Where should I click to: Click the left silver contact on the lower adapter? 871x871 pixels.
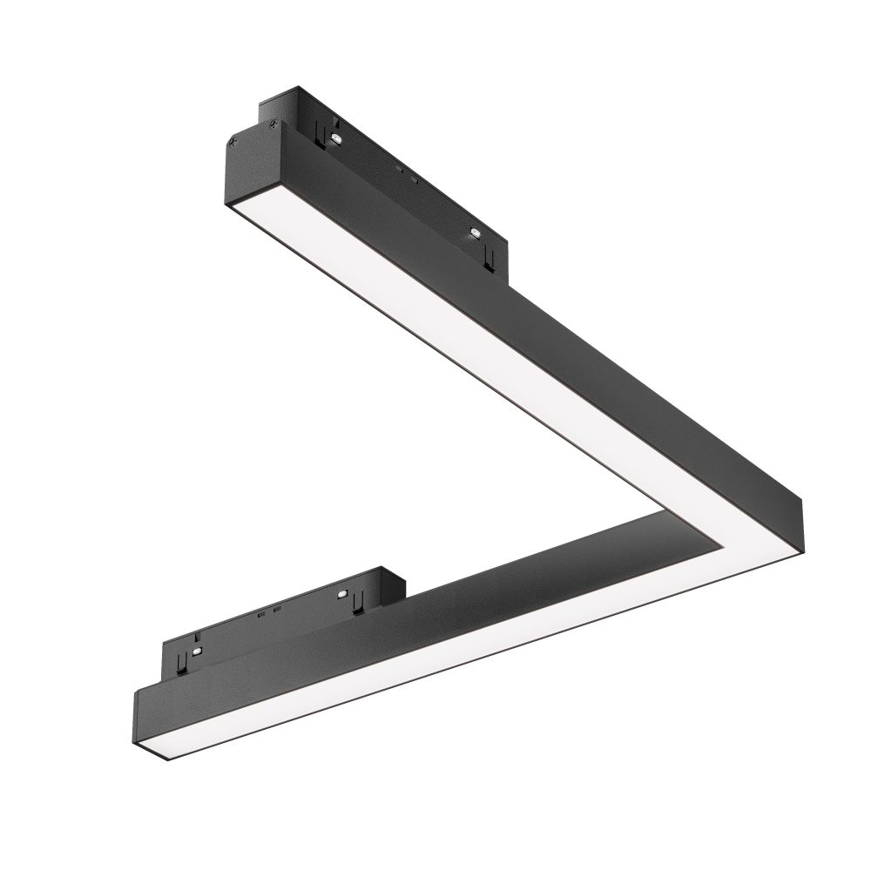(x=198, y=651)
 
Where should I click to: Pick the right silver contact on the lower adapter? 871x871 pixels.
(x=345, y=596)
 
